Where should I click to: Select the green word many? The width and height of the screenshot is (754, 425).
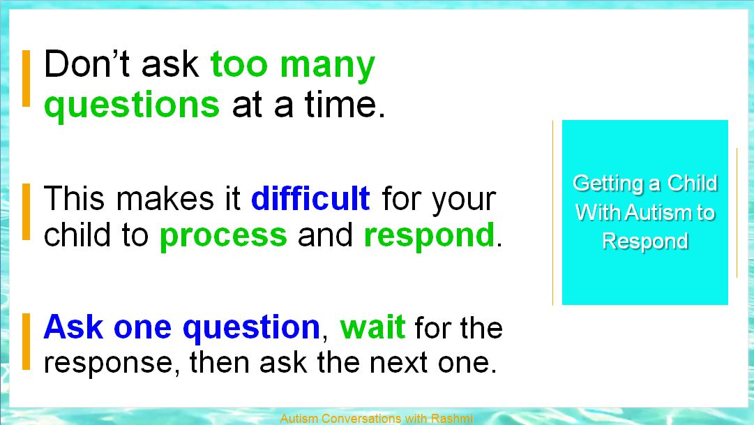[327, 67]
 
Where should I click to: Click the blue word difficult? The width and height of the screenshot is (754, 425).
[310, 198]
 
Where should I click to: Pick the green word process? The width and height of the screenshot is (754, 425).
[223, 237]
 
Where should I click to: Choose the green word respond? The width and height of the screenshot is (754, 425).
[430, 236]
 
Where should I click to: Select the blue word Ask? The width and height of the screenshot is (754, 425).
[73, 327]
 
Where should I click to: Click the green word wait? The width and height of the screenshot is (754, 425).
[372, 327]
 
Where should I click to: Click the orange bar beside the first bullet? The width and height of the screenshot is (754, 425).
[26, 78]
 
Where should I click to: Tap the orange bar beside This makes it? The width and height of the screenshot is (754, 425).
[26, 211]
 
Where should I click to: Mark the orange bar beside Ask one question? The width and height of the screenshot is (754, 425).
[26, 342]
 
